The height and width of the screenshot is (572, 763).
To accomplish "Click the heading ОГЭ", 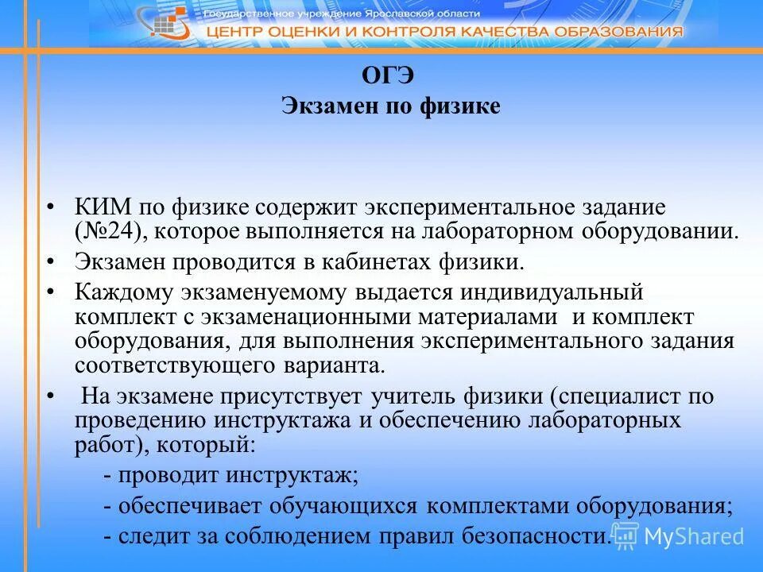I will [x=389, y=75].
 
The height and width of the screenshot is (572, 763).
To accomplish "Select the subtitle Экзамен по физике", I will [x=390, y=106].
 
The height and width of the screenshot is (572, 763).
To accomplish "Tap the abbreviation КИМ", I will [x=104, y=208].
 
